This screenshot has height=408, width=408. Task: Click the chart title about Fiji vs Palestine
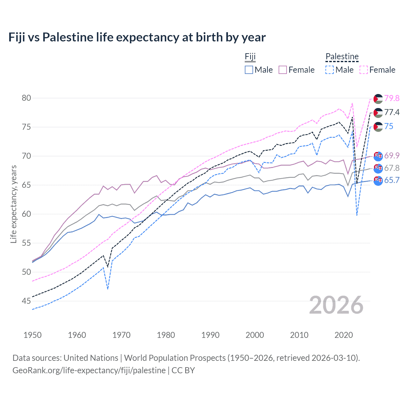tap(137, 37)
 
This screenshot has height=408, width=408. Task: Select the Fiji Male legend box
tap(249, 70)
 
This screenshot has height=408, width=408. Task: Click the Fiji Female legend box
tap(283, 70)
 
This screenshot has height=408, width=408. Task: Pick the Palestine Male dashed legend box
tap(330, 70)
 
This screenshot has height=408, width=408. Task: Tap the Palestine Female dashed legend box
tap(364, 70)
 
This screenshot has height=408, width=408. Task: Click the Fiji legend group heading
tap(250, 57)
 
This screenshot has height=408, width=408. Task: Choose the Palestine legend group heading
tap(342, 57)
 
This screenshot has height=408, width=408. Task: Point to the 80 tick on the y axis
tap(26, 98)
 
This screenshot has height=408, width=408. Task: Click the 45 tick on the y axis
tap(26, 301)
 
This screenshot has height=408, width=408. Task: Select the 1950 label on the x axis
tap(33, 335)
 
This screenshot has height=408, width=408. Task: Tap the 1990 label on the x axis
tap(210, 335)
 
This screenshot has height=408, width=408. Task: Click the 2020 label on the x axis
tap(344, 335)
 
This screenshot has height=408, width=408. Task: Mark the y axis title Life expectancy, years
tap(13, 204)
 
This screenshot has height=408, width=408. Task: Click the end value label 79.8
tap(392, 98)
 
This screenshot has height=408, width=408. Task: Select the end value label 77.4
tap(392, 112)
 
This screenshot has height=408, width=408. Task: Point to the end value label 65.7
tap(392, 180)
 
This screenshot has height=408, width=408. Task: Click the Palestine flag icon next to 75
tap(378, 127)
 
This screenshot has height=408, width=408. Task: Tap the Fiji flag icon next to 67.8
tap(378, 168)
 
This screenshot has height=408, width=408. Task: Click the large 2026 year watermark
tap(336, 305)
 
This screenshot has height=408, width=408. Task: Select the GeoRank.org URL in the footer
tap(89, 370)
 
